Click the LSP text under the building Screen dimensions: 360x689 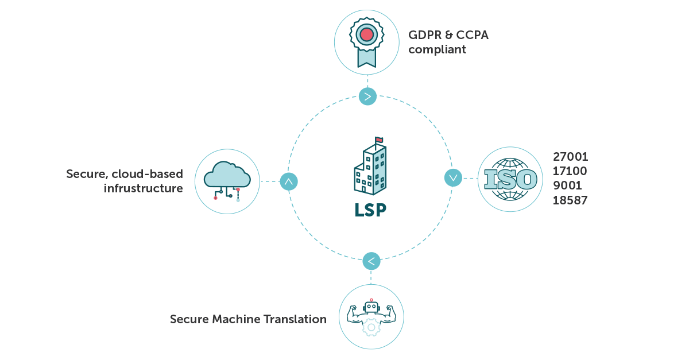370,210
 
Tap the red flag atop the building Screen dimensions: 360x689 379,140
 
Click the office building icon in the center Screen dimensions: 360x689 370,169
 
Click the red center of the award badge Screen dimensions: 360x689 367,34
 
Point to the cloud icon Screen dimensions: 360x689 227,175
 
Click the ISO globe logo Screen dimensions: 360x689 510,179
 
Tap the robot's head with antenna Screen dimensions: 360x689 371,307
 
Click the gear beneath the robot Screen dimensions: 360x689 371,328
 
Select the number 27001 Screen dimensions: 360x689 570,157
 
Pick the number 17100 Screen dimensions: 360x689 570,171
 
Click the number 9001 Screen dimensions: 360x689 567,185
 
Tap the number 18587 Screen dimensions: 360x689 570,200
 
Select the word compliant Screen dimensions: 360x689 437,49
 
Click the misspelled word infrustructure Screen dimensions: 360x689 144,188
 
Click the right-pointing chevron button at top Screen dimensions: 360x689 367,96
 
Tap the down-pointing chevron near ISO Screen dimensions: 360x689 453,178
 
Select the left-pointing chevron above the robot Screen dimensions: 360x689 371,261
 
